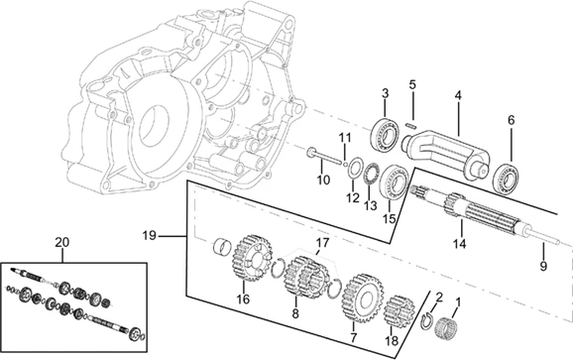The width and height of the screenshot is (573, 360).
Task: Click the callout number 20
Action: click(61, 242)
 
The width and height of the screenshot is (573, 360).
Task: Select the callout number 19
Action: click(149, 235)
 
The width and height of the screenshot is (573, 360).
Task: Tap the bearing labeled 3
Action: click(385, 134)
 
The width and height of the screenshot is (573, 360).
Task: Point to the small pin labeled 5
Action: click(412, 126)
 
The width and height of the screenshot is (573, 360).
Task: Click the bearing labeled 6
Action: click(507, 178)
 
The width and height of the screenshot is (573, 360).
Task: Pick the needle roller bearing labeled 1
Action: click(448, 326)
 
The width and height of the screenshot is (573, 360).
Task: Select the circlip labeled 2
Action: click(425, 320)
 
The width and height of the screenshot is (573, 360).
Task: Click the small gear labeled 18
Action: click(400, 311)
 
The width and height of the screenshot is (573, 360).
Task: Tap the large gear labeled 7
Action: click(362, 298)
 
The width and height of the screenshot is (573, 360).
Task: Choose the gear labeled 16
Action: click(252, 258)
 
